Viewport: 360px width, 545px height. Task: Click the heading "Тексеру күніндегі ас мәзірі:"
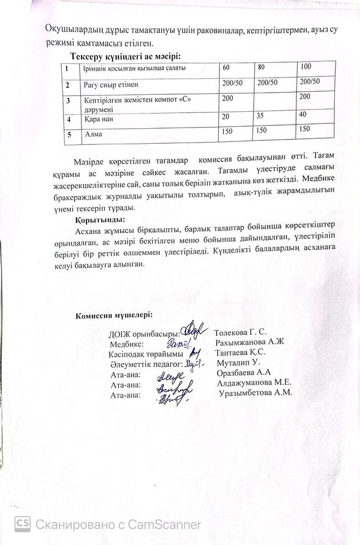tap(126, 56)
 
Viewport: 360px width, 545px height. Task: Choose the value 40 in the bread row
tap(303, 114)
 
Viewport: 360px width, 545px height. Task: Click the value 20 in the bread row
tap(226, 116)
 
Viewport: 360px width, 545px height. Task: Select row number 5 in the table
tap(69, 135)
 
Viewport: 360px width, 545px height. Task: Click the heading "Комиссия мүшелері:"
tap(114, 315)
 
